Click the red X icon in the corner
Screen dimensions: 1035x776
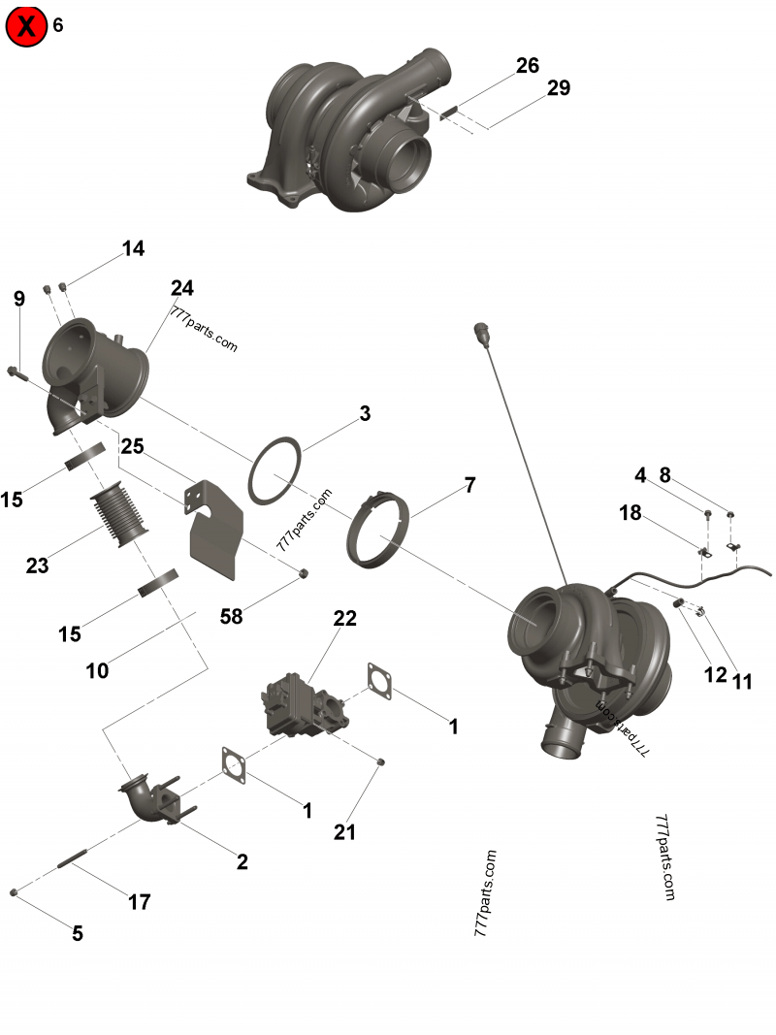click(26, 26)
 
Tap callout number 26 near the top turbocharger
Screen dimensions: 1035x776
click(527, 66)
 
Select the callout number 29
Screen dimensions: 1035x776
click(558, 88)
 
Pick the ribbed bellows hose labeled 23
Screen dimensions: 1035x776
click(116, 511)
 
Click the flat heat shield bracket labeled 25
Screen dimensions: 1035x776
click(215, 532)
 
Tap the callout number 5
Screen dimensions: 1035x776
click(77, 934)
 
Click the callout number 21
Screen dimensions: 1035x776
click(345, 831)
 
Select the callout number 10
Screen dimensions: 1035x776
click(98, 669)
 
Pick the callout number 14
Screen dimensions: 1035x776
click(133, 249)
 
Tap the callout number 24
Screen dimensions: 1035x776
click(182, 288)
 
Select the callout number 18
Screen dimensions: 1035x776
click(630, 513)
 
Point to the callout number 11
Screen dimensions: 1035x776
click(742, 682)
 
